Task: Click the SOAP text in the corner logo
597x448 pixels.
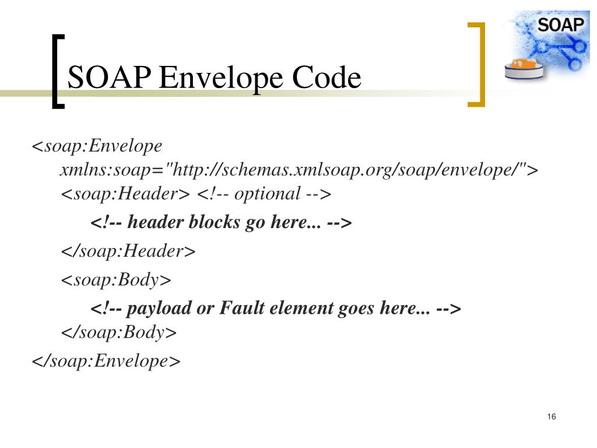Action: point(561,24)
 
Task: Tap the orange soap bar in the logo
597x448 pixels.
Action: point(525,62)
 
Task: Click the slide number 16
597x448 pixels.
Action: point(552,416)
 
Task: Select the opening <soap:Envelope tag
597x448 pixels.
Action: point(97,145)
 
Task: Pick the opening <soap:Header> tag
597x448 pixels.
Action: point(126,194)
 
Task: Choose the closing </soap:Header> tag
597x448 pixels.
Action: point(128,251)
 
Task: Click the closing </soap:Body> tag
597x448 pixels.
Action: point(119,332)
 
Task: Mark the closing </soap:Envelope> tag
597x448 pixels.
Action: point(106,360)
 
